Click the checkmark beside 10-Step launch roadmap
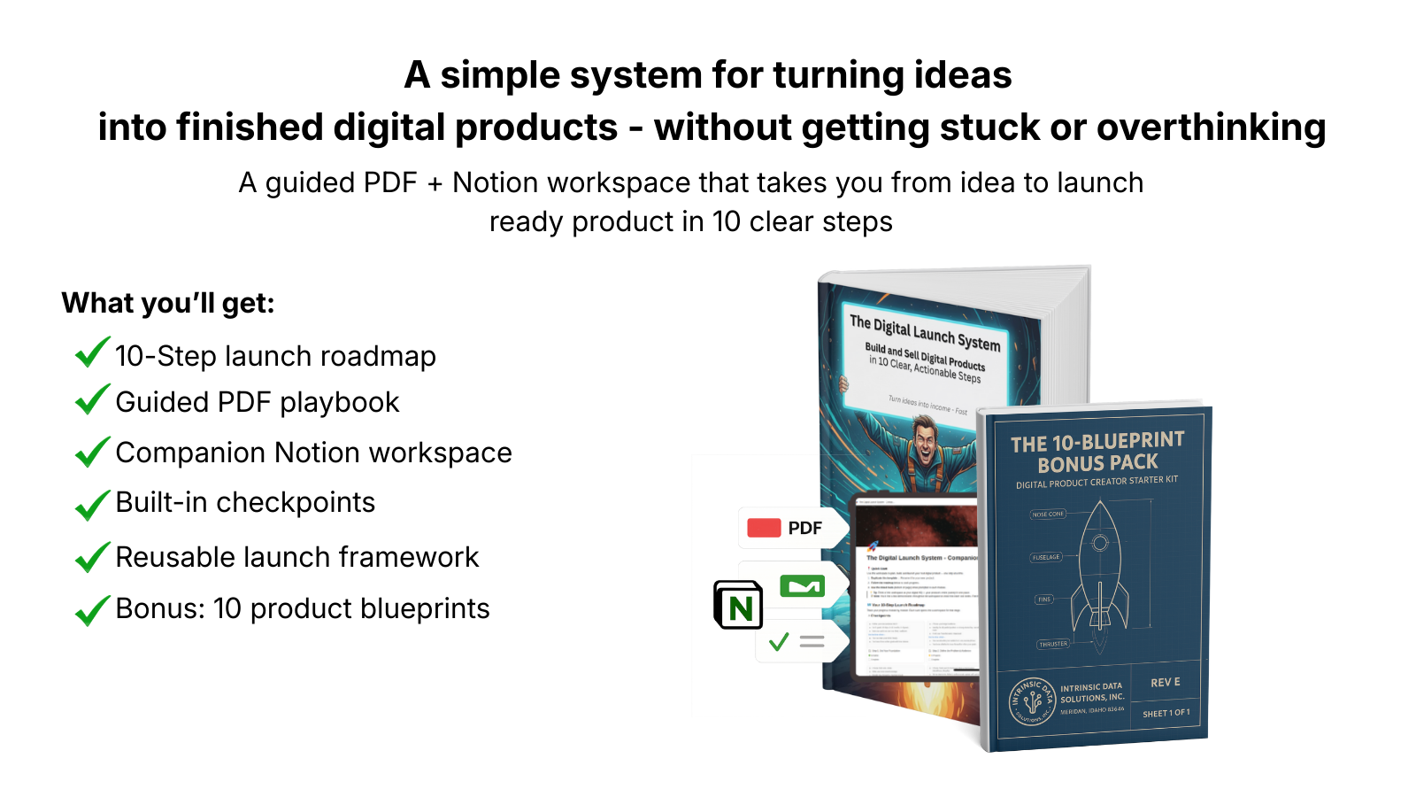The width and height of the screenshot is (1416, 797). tap(92, 352)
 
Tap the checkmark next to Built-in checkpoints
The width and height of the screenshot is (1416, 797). tap(92, 505)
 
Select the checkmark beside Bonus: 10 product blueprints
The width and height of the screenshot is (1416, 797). tap(92, 610)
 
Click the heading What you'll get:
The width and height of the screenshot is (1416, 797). tap(168, 303)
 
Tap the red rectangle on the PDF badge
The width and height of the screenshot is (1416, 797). tap(764, 528)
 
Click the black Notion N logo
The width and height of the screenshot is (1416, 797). tap(739, 606)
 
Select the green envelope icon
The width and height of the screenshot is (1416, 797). tap(802, 586)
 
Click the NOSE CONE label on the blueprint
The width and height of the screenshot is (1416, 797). tap(1048, 514)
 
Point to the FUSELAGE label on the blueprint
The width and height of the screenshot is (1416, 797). tap(1045, 557)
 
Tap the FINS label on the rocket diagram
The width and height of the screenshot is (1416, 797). tap(1044, 600)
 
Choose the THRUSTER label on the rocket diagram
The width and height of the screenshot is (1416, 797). tap(1053, 644)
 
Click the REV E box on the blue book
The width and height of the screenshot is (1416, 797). tap(1166, 682)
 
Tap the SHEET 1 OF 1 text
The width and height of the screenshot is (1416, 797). tap(1166, 713)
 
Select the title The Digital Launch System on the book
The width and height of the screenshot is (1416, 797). tap(925, 332)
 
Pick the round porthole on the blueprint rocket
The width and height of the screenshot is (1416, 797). tap(1100, 543)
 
